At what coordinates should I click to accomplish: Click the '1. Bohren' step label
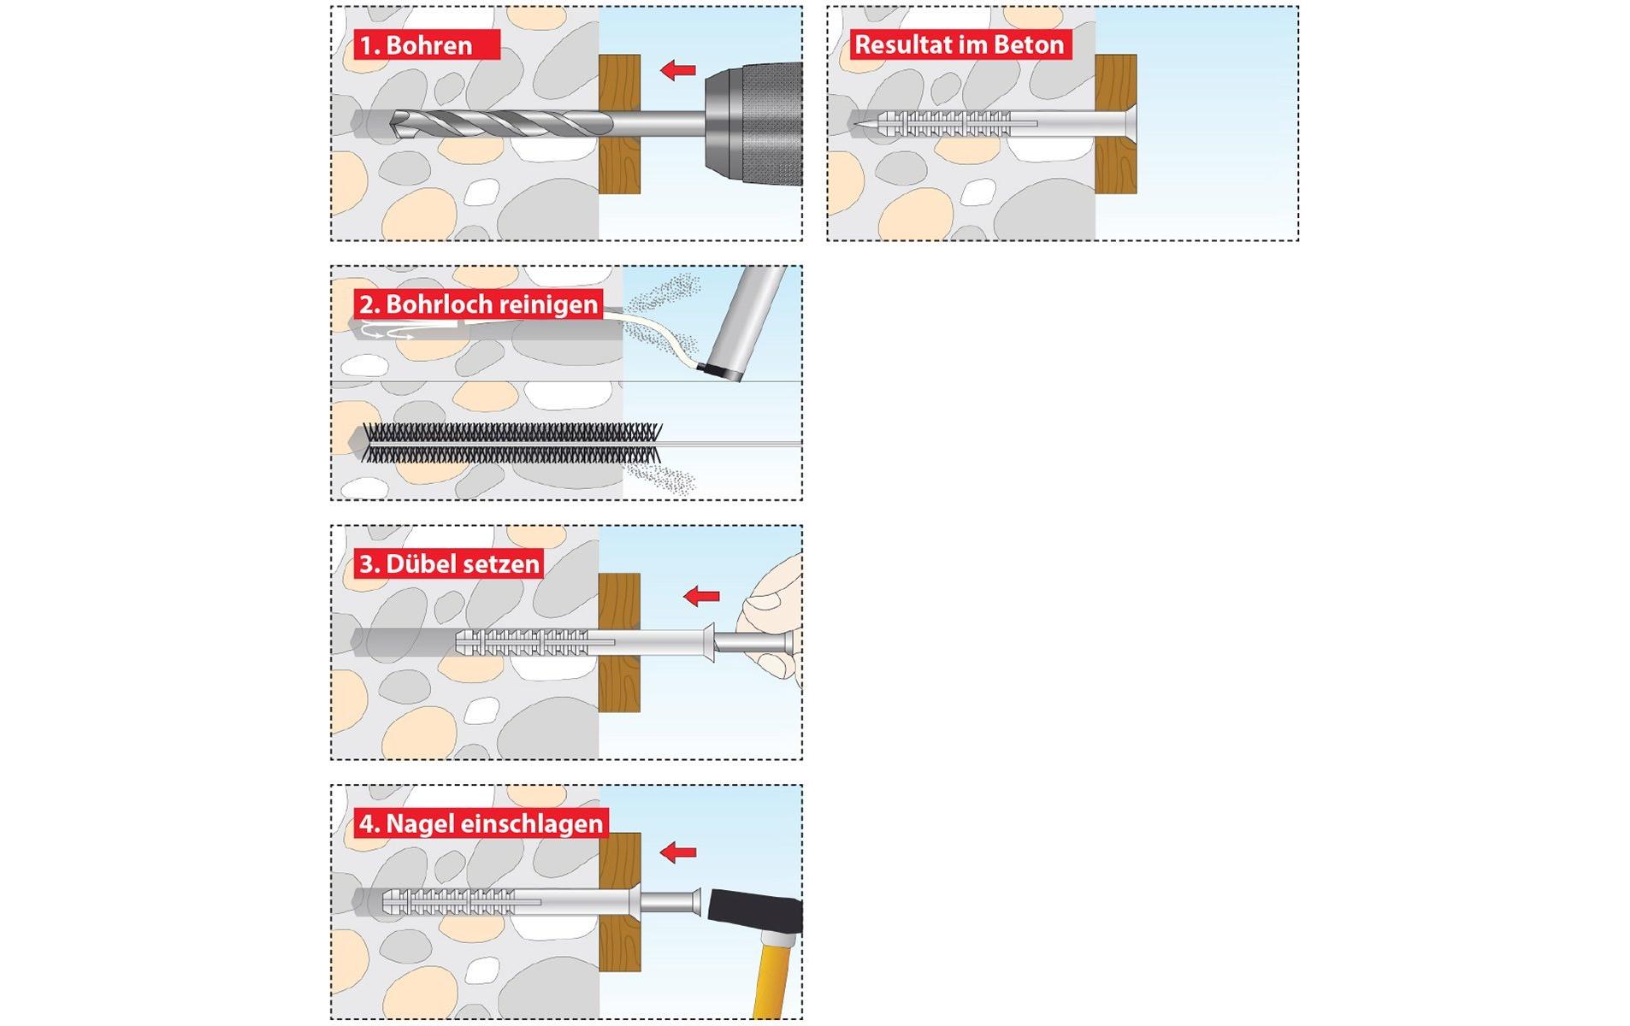click(425, 45)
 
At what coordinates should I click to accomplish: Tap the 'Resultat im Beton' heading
click(959, 44)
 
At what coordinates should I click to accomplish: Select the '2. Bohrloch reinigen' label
click(478, 304)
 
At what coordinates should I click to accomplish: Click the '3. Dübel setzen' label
click(449, 564)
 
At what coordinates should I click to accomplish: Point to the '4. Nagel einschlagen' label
click(481, 824)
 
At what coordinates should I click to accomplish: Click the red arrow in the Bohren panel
click(678, 70)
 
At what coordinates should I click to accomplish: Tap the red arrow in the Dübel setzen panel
click(701, 596)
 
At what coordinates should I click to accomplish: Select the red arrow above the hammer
click(678, 852)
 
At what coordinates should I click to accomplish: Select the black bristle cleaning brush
click(511, 443)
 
